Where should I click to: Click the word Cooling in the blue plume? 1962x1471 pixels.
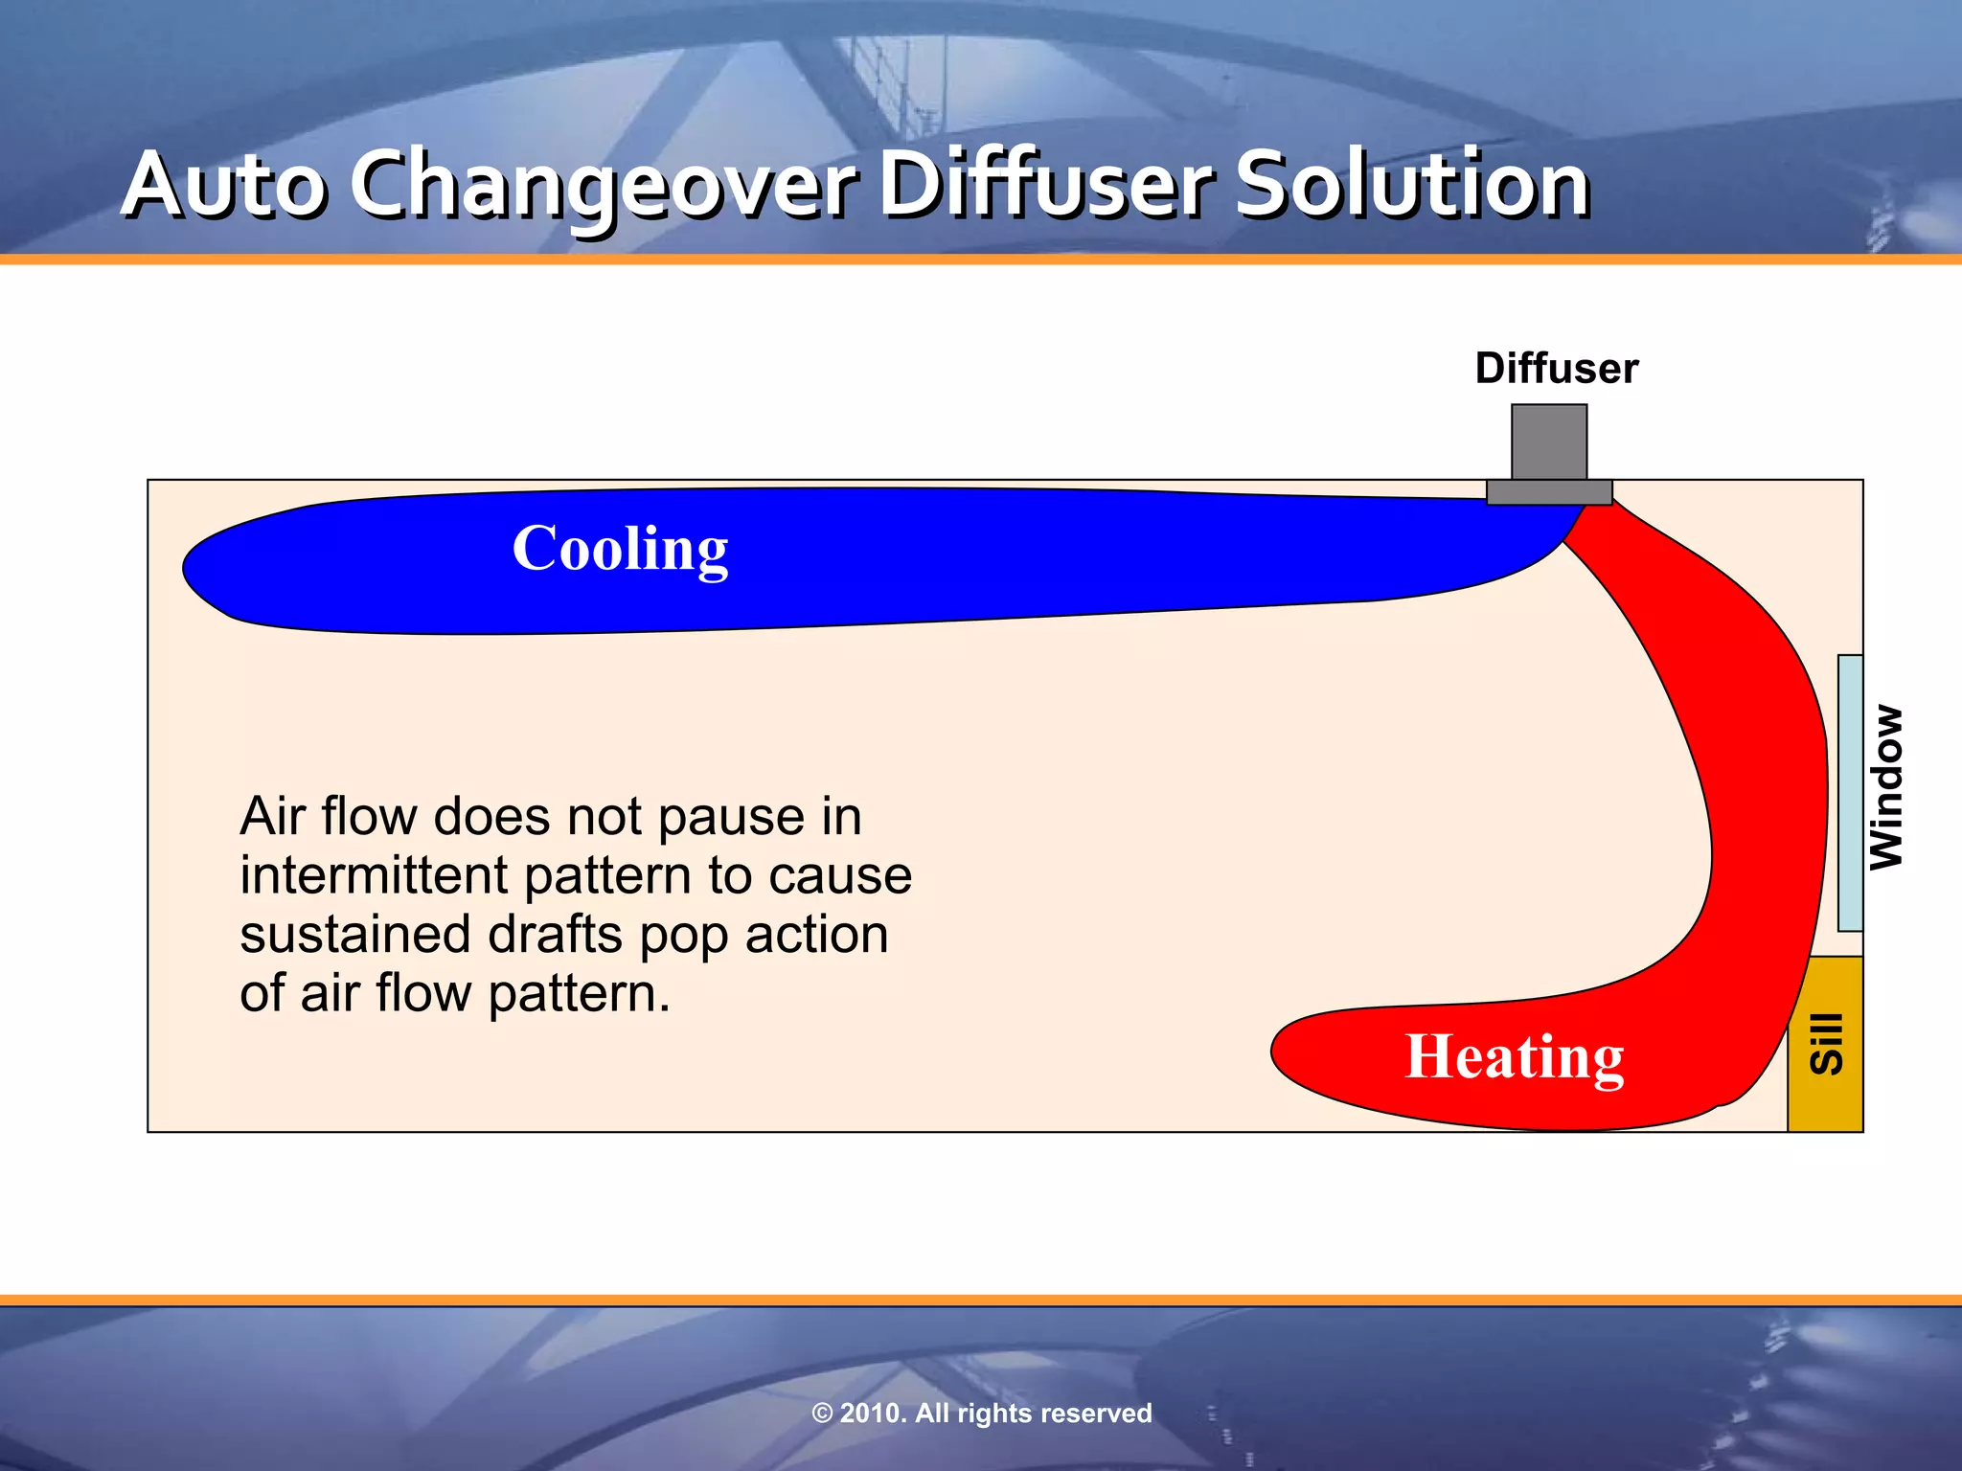pos(620,550)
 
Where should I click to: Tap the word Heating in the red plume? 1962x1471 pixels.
pos(1514,1057)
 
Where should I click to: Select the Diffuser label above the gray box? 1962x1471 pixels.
pos(1556,369)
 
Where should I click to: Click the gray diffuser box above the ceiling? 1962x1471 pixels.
pos(1549,441)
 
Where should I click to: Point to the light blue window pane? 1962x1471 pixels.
pos(1850,793)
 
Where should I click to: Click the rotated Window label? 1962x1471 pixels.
pos(1886,787)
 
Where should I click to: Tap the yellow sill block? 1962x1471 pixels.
pos(1825,1044)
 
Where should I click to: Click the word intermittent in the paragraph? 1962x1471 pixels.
pos(373,875)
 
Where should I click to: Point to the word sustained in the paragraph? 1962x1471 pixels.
pos(354,935)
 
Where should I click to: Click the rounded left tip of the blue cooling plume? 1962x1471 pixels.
pos(192,569)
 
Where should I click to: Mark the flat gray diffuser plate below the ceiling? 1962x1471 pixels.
pos(1549,492)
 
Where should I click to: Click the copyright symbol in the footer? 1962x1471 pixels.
pos(822,1414)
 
